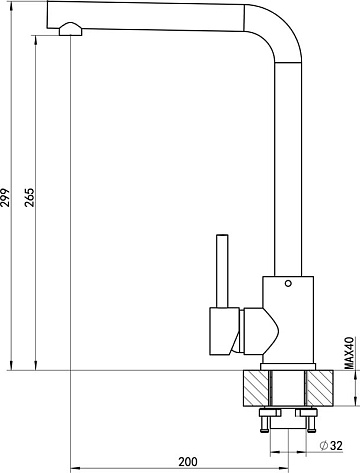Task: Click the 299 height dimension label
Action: (5, 198)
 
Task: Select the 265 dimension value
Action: (30, 198)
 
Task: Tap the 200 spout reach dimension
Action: (188, 462)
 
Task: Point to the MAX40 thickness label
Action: (349, 353)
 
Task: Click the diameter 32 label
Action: (331, 445)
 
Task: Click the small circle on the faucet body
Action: (288, 284)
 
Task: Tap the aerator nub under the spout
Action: (71, 29)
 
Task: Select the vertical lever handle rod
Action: (222, 271)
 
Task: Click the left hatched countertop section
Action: (256, 388)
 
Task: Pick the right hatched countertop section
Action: (320, 388)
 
